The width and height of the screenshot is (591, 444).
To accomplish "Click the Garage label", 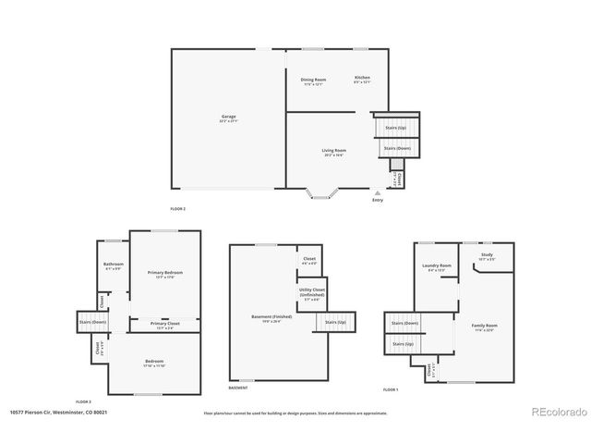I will pos(228,118).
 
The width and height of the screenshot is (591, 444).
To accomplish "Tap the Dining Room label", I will pos(313,80).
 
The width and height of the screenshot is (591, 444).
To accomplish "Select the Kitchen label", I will pos(362,78).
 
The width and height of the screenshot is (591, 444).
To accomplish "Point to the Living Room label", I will pos(333,152).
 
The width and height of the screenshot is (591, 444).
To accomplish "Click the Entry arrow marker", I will pos(377,194).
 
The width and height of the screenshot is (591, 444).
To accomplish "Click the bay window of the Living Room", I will pos(322,193).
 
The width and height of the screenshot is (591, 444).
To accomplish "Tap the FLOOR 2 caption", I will pos(178,209).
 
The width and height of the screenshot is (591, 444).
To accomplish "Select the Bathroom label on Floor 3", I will pos(114,265).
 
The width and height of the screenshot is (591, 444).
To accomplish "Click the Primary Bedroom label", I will pos(165,274).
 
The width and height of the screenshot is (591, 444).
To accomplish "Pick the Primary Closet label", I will pos(166,325).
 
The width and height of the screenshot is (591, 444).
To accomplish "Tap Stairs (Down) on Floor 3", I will pos(92,322).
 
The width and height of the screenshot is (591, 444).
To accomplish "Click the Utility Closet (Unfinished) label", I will pos(311,293).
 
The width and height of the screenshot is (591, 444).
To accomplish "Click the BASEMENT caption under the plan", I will pos(238,388).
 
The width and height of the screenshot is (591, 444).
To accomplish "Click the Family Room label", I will pos(485,327).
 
